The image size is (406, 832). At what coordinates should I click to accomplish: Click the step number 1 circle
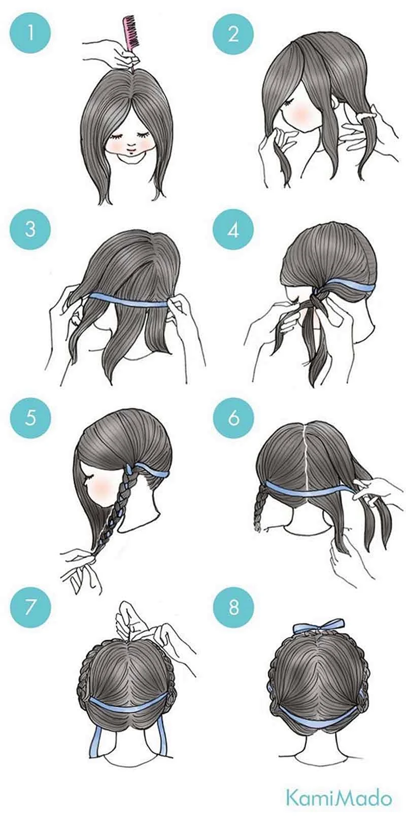tap(30, 34)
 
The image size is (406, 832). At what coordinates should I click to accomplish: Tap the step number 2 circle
tap(233, 34)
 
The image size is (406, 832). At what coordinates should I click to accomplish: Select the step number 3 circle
tap(30, 229)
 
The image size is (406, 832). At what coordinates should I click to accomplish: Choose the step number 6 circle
tap(233, 418)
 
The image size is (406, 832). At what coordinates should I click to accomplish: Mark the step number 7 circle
tap(30, 608)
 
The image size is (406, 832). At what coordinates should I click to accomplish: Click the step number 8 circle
tap(233, 608)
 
